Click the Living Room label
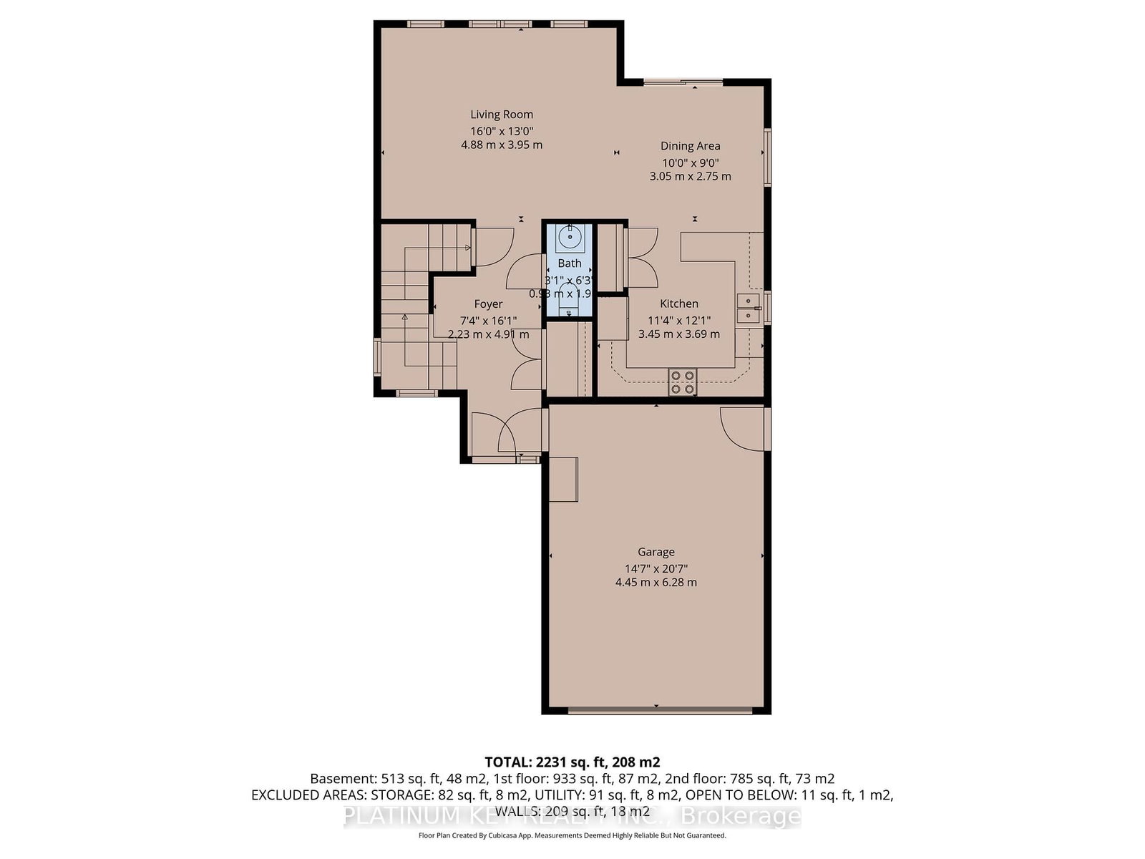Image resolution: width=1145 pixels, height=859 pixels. pyautogui.click(x=501, y=115)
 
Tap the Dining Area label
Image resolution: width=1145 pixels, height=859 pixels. pyautogui.click(x=690, y=146)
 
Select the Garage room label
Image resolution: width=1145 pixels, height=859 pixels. pyautogui.click(x=656, y=552)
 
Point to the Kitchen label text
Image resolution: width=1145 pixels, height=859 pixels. pyautogui.click(x=678, y=304)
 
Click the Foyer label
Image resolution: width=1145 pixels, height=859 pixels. pyautogui.click(x=488, y=304)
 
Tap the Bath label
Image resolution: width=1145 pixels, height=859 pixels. pyautogui.click(x=570, y=263)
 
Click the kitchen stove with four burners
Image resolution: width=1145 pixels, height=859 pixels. pyautogui.click(x=683, y=382)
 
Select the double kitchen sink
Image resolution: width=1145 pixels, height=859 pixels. pyautogui.click(x=749, y=308)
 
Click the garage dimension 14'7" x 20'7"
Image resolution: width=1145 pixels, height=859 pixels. pyautogui.click(x=656, y=568)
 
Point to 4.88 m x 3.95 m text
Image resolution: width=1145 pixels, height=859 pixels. pyautogui.click(x=501, y=145)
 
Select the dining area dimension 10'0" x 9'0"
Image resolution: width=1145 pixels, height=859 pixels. pyautogui.click(x=690, y=162)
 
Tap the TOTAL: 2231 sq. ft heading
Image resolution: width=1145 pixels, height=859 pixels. pyautogui.click(x=572, y=762)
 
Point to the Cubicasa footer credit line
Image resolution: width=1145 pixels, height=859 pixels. pyautogui.click(x=572, y=835)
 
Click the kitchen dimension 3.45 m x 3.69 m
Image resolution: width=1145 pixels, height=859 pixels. pyautogui.click(x=678, y=334)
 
